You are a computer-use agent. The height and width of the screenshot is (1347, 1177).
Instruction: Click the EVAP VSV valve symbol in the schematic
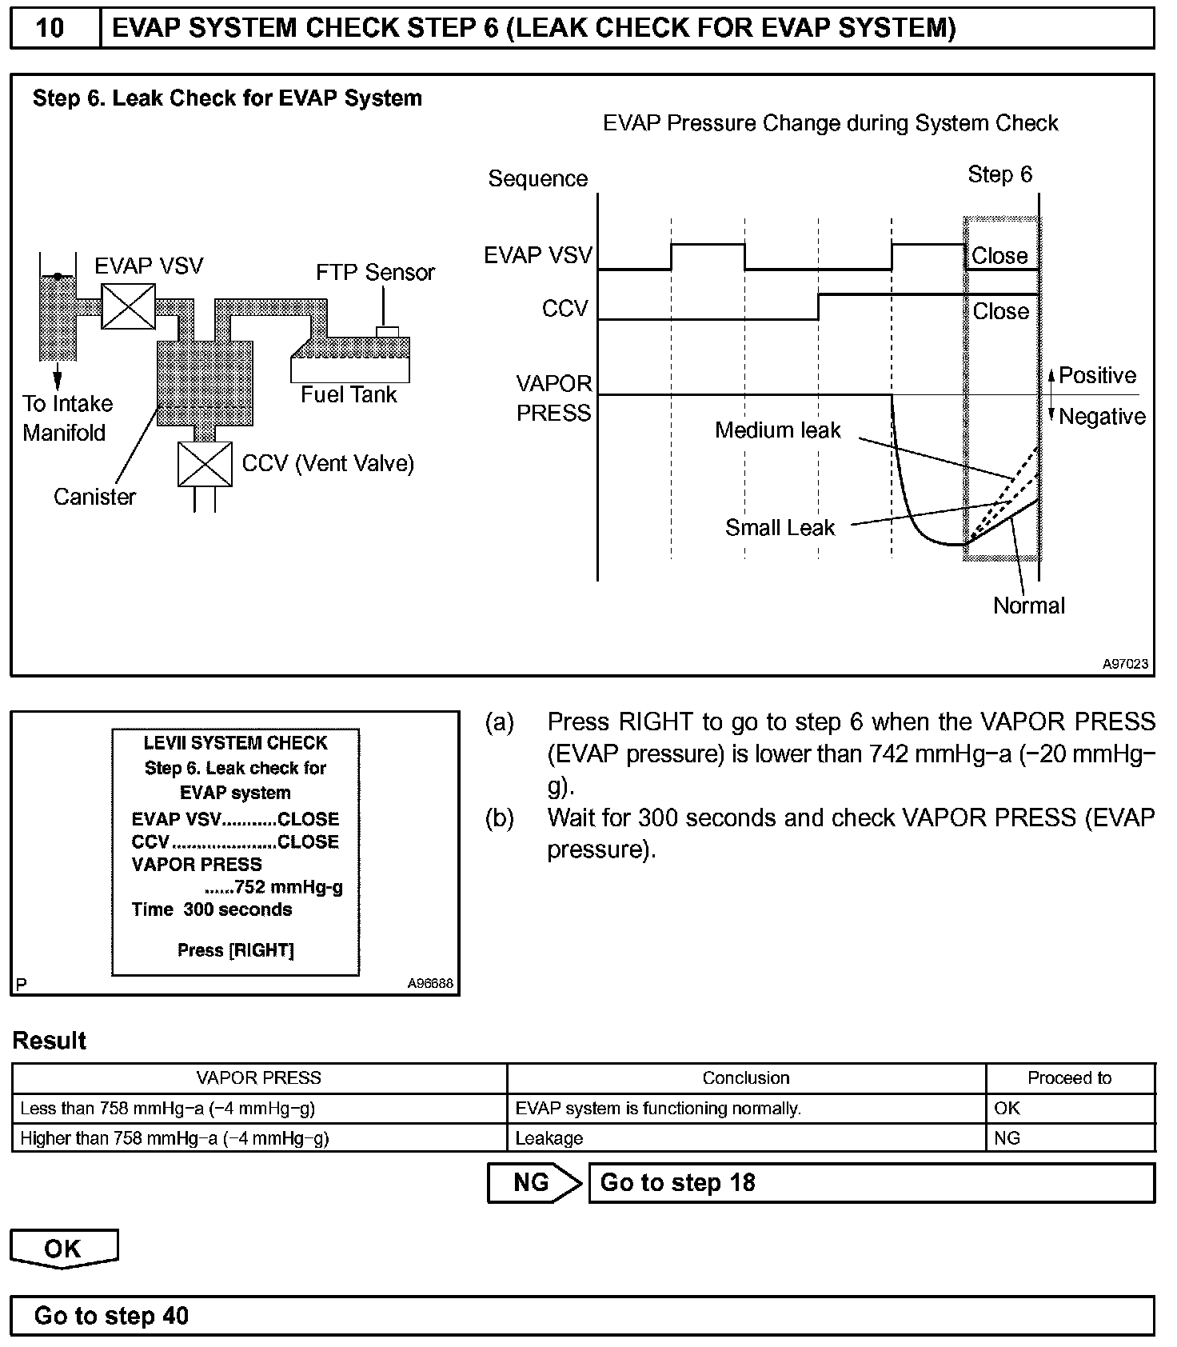(128, 306)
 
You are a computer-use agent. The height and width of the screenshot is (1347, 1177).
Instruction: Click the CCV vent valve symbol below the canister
(205, 464)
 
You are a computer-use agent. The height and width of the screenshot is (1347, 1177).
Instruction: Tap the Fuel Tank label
(349, 394)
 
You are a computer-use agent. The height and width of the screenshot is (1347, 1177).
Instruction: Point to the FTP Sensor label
(375, 273)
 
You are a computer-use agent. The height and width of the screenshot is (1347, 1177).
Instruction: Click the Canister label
(94, 497)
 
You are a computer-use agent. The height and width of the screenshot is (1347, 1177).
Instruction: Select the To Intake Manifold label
(67, 418)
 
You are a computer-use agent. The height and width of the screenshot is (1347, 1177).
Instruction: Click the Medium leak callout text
(777, 430)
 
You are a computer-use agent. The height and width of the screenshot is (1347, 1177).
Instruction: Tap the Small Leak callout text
(780, 528)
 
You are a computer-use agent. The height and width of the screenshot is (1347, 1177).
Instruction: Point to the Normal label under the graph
(1028, 606)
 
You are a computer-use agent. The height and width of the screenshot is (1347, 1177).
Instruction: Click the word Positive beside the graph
(1097, 376)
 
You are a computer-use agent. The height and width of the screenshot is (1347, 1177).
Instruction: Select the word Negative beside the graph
(1102, 417)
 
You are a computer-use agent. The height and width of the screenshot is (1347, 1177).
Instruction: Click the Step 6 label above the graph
(999, 174)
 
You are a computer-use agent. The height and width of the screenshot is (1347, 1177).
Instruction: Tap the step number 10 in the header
(50, 29)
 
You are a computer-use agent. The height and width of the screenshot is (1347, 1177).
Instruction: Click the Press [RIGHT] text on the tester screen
(235, 950)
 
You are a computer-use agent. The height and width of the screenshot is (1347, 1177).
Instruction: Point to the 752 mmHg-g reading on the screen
(287, 887)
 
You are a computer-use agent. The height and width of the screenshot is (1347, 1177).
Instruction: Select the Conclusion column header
(745, 1078)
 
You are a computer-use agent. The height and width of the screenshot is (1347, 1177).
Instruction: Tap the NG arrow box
(534, 1183)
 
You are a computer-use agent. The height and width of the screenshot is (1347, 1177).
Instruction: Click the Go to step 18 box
(871, 1183)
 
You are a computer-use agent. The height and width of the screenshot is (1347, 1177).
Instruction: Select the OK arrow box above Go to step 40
(64, 1249)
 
